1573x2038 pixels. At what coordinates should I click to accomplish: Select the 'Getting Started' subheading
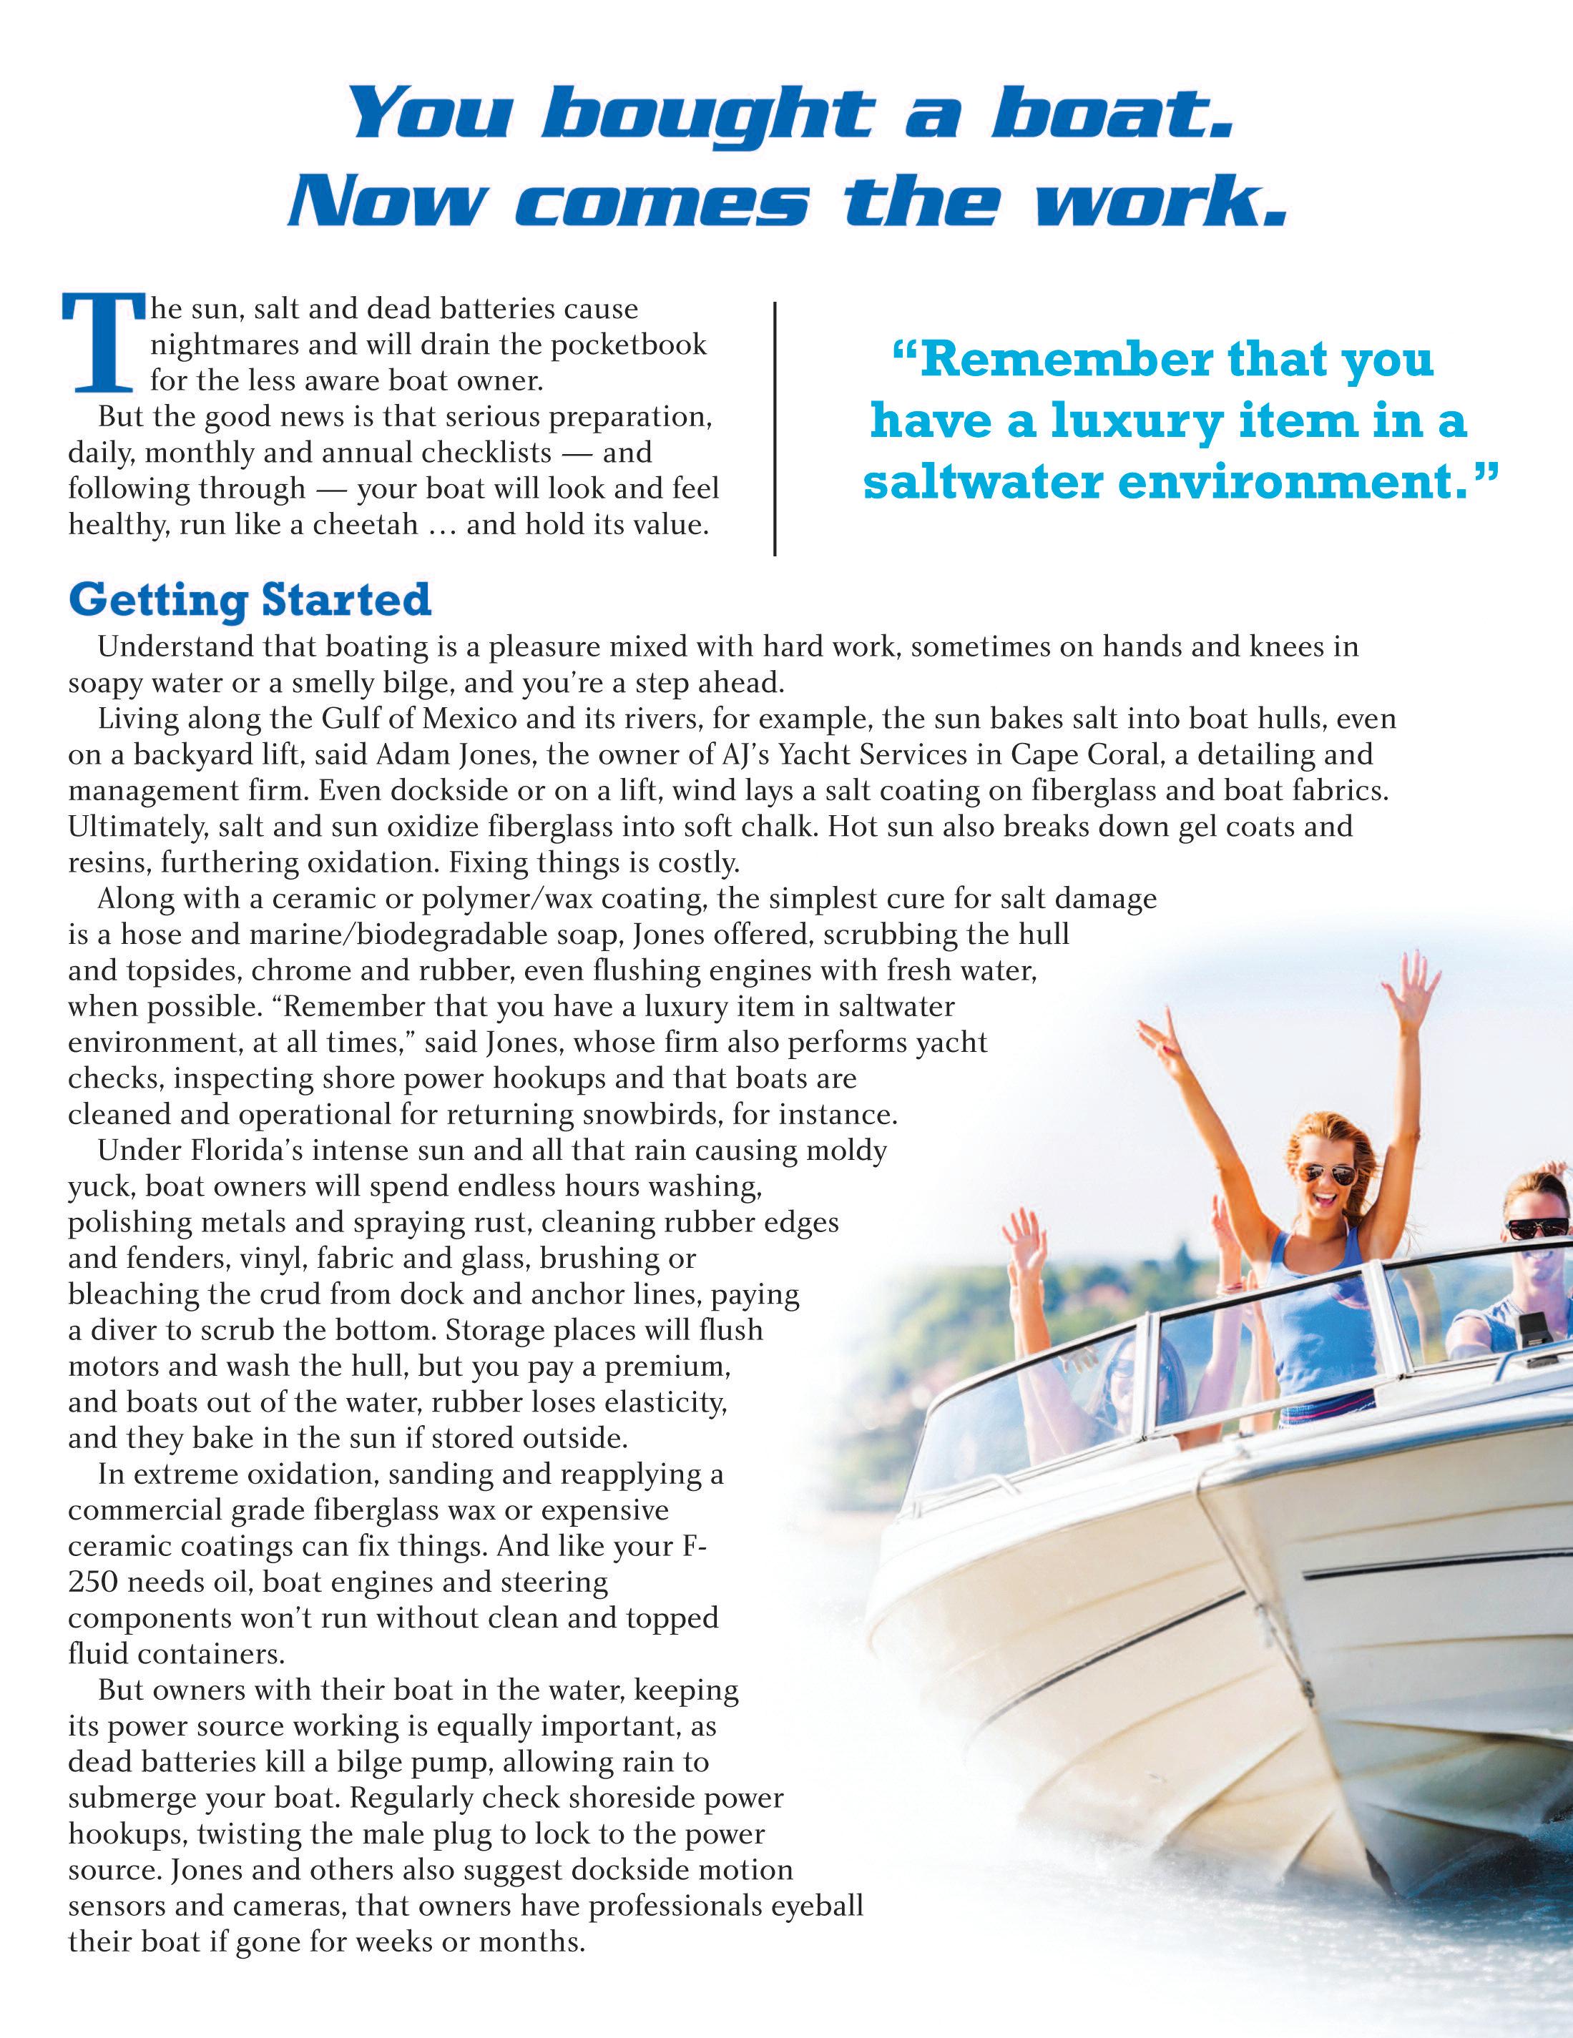pos(250,599)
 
